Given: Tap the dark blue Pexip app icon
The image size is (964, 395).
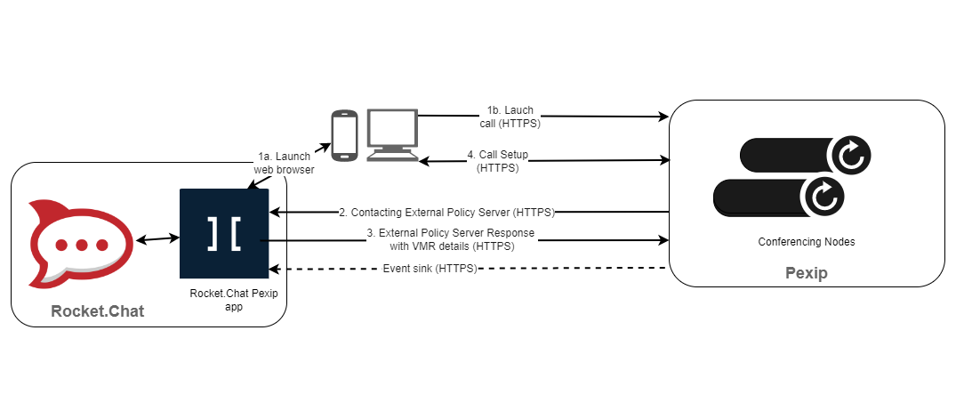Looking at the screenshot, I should click(x=224, y=234).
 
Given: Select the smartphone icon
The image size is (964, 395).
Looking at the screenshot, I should click(x=344, y=136).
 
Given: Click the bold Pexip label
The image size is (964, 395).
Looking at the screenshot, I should click(x=806, y=273).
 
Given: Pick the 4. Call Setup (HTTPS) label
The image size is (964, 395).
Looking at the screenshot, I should click(x=498, y=160).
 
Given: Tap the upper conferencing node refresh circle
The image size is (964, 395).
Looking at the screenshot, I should click(x=849, y=157).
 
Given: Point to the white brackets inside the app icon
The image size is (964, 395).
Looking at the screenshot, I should click(x=224, y=232).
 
